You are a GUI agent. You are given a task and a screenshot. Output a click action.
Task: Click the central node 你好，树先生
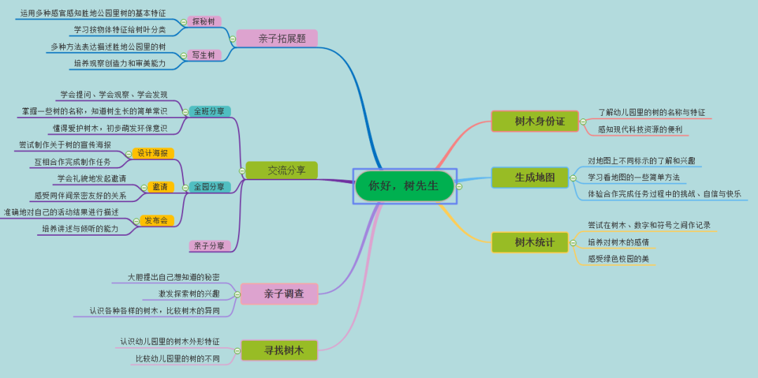pyautogui.click(x=404, y=186)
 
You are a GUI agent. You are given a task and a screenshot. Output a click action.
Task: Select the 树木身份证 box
pyautogui.click(x=535, y=121)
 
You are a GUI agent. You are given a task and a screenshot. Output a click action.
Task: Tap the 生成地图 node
pyautogui.click(x=534, y=177)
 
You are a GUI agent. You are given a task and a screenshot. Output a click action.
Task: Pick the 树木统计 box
pyautogui.click(x=530, y=242)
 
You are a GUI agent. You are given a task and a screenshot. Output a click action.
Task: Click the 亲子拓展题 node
pyautogui.click(x=277, y=39)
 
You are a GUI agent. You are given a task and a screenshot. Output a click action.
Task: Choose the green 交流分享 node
pyautogui.click(x=282, y=170)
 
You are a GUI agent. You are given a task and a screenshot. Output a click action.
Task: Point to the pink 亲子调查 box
pyautogui.click(x=279, y=294)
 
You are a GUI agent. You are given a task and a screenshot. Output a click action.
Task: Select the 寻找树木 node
pyautogui.click(x=279, y=350)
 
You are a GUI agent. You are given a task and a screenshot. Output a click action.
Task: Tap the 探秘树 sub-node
pyautogui.click(x=204, y=22)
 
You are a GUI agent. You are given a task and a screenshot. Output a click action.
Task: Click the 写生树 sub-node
pyautogui.click(x=204, y=55)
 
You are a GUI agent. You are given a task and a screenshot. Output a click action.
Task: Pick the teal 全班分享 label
pyautogui.click(x=210, y=112)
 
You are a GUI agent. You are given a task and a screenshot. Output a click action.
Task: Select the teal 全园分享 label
pyautogui.click(x=210, y=187)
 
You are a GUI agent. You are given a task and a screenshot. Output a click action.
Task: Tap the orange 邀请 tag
pyautogui.click(x=160, y=187)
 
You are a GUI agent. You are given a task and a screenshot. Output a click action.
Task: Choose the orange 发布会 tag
pyautogui.click(x=157, y=220)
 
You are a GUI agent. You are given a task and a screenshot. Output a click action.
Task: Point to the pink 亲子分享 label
pyautogui.click(x=210, y=246)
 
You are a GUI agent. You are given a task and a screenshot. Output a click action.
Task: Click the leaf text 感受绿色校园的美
pyautogui.click(x=618, y=259)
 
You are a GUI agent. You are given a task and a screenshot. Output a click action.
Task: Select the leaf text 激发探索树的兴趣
pyautogui.click(x=189, y=293)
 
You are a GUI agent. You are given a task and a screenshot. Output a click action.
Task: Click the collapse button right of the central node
pyautogui.click(x=459, y=187)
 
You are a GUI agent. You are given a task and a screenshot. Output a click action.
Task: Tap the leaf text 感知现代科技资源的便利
pyautogui.click(x=639, y=129)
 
